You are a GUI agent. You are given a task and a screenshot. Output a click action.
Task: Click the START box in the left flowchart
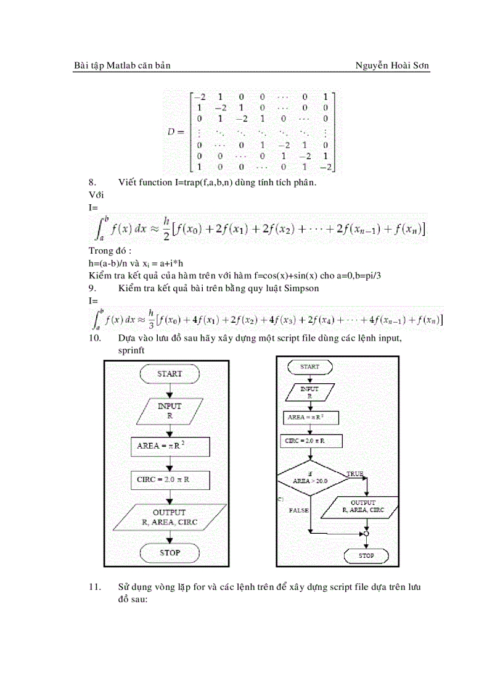point(170,374)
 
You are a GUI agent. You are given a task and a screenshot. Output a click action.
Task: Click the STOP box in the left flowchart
point(170,553)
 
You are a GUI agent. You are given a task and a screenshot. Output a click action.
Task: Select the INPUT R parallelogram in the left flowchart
point(170,411)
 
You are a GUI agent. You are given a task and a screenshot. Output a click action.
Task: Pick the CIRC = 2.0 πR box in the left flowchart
point(170,479)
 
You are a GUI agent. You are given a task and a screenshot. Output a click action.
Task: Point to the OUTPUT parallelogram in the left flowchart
point(170,517)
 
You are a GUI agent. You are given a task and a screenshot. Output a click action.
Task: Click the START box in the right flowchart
point(309,367)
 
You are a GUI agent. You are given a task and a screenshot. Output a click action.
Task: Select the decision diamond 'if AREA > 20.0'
point(310,478)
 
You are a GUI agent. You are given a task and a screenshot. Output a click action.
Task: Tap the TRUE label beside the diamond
point(354,474)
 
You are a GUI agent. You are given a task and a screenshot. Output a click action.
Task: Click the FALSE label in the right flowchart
point(298,510)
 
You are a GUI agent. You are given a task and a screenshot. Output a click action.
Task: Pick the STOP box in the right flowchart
point(366,555)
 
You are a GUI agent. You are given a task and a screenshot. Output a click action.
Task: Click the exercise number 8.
point(92,182)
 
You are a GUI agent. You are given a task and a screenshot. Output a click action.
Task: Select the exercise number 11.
point(94,587)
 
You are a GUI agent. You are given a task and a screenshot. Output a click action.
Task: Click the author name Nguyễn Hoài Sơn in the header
point(393,65)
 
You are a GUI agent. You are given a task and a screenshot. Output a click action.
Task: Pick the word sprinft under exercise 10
point(131,349)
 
